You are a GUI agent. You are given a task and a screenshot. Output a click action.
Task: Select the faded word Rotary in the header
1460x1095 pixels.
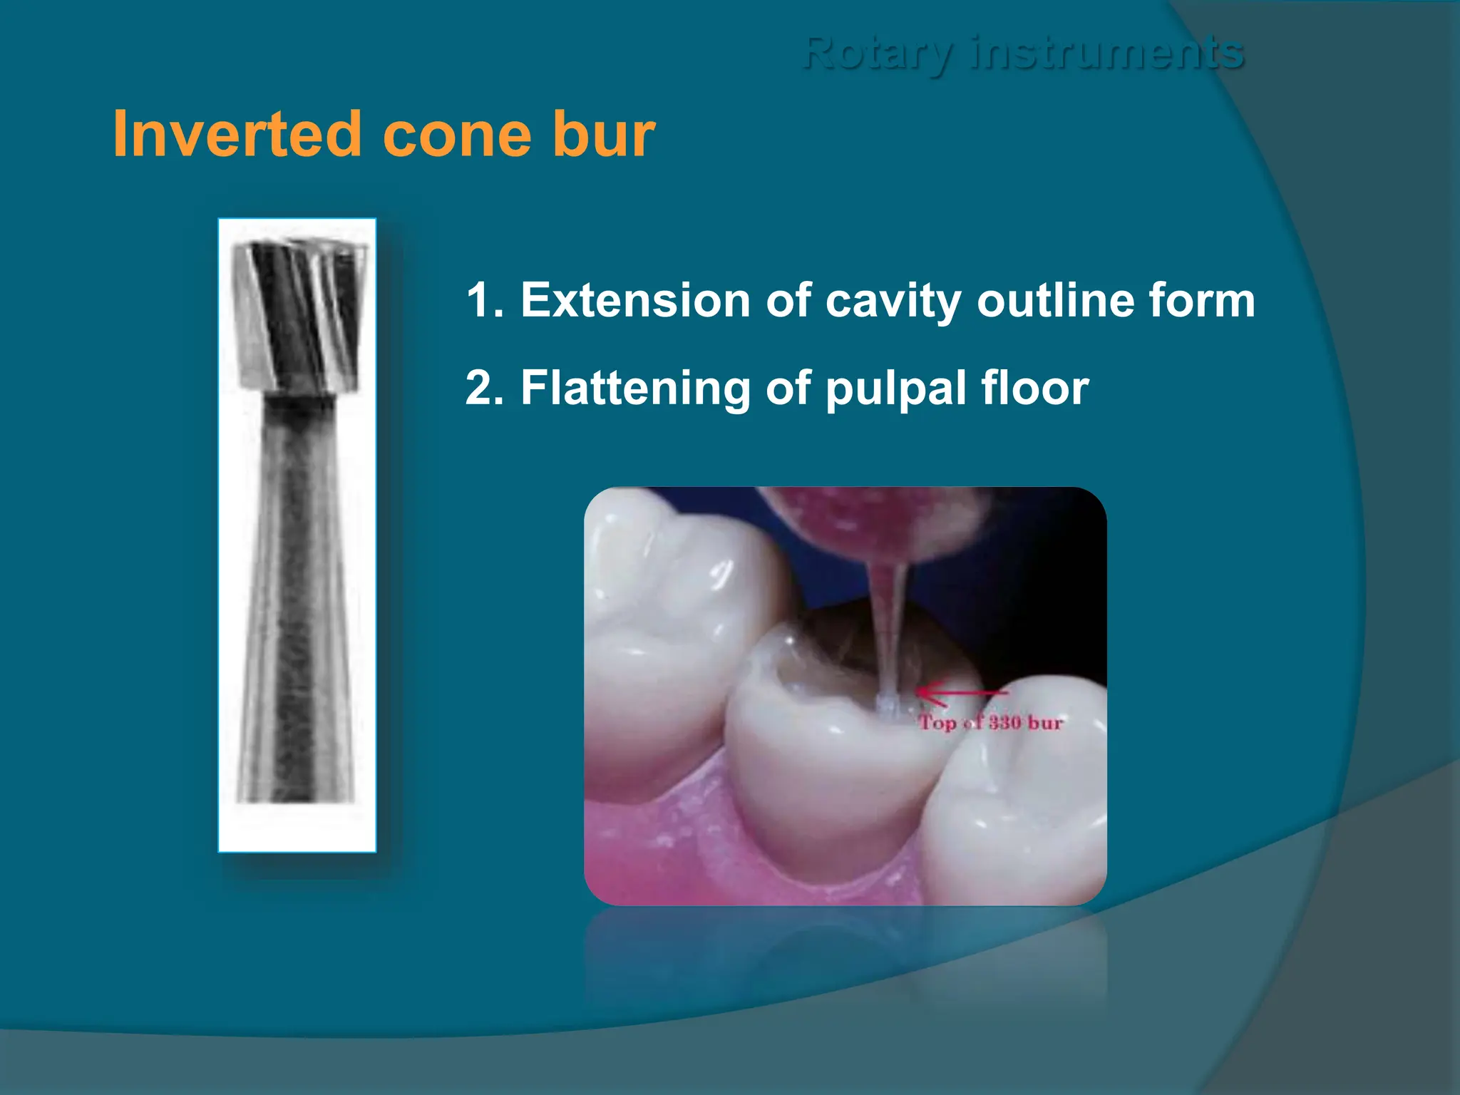pyautogui.click(x=876, y=53)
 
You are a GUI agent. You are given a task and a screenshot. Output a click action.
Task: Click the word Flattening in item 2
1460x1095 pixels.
pyautogui.click(x=635, y=389)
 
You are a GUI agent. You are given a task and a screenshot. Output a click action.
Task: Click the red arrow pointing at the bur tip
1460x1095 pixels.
pyautogui.click(x=959, y=692)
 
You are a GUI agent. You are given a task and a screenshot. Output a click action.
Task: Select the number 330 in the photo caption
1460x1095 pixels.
pyautogui.click(x=1004, y=722)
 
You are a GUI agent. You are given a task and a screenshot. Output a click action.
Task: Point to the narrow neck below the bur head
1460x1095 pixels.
pyautogui.click(x=299, y=403)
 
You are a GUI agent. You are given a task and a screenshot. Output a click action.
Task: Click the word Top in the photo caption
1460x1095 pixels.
pyautogui.click(x=937, y=723)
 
